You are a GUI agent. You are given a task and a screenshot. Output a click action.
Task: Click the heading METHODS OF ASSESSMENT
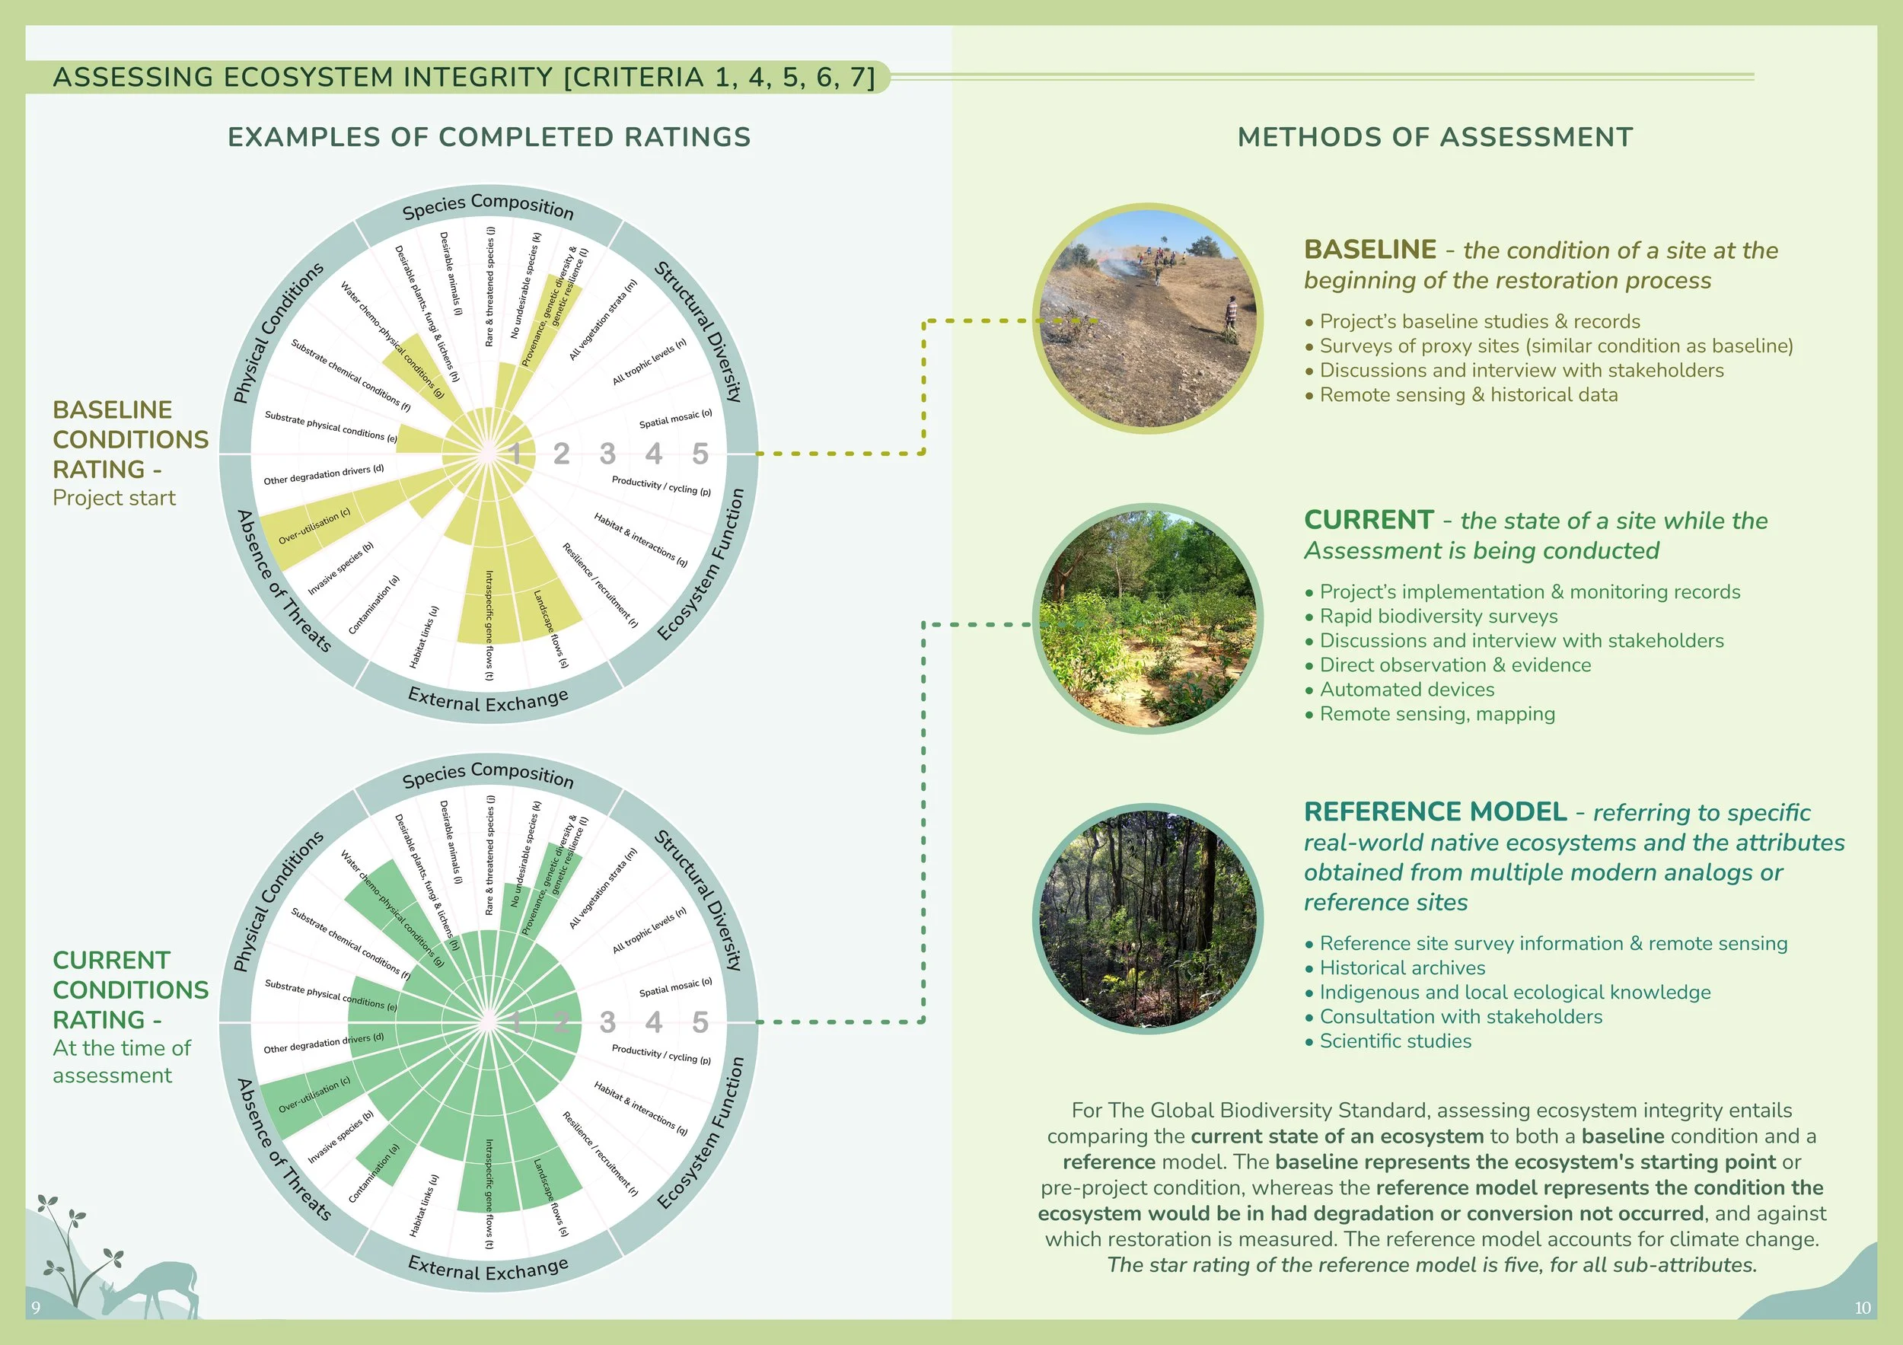[1435, 138]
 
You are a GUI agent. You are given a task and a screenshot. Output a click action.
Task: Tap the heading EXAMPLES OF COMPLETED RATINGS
[489, 138]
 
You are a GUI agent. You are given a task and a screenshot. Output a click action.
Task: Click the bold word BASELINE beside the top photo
[1370, 250]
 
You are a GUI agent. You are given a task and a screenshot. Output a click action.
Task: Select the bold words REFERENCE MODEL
[1435, 811]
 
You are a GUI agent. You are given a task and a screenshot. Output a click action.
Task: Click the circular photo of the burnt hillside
[1148, 319]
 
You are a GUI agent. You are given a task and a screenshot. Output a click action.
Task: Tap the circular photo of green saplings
[1148, 619]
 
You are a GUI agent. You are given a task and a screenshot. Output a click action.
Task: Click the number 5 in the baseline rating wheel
[700, 454]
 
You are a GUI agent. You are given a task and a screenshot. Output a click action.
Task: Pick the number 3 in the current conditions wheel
[607, 1022]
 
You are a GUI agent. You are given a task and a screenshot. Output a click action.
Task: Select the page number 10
[1862, 1308]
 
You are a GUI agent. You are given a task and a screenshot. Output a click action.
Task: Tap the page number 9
[36, 1308]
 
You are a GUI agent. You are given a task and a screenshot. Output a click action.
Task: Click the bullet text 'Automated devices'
[1407, 690]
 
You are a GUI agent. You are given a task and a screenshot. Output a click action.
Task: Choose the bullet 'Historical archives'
[1401, 968]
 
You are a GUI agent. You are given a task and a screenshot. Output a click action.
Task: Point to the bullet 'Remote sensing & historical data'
[1468, 395]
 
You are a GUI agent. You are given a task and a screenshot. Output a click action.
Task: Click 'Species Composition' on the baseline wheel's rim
[487, 206]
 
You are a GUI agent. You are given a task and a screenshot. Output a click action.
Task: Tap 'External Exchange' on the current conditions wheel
[488, 1268]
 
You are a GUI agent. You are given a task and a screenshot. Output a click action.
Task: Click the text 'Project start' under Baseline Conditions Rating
[114, 498]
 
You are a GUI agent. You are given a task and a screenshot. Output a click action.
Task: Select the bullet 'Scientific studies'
[1395, 1041]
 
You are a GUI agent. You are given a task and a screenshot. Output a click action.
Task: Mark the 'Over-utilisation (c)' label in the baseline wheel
[314, 526]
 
